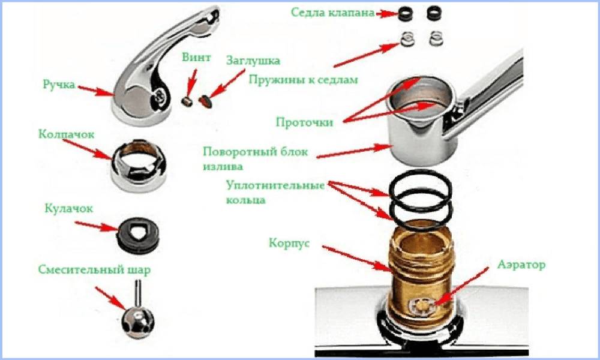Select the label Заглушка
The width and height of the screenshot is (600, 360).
(x=253, y=61)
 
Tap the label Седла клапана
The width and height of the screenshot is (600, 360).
(x=332, y=13)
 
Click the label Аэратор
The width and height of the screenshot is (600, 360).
(x=520, y=264)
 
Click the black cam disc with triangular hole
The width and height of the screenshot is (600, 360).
(x=137, y=229)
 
